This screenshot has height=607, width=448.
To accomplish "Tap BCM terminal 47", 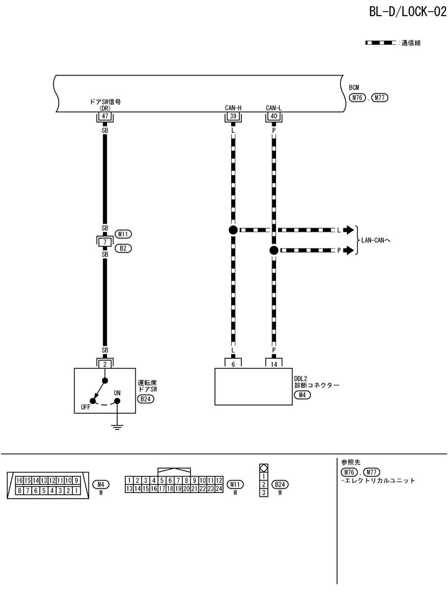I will pyautogui.click(x=105, y=116).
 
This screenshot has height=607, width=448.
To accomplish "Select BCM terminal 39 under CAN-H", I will pyautogui.click(x=233, y=116).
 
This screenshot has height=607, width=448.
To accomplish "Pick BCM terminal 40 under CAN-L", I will pyautogui.click(x=274, y=116).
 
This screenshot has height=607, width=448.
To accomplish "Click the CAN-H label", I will pyautogui.click(x=233, y=107).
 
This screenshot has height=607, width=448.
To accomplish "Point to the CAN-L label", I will pyautogui.click(x=274, y=107).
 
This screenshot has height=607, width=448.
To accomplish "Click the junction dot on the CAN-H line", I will pyautogui.click(x=233, y=230).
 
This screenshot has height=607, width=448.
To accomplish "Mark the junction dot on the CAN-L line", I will pyautogui.click(x=274, y=251).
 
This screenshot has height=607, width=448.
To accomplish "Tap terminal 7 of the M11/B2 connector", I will pyautogui.click(x=105, y=241).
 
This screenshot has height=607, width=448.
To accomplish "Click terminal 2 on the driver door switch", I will pyautogui.click(x=105, y=363).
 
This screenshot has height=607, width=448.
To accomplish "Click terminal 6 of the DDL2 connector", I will pyautogui.click(x=233, y=363).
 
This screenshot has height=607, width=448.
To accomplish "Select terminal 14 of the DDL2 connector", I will pyautogui.click(x=274, y=363).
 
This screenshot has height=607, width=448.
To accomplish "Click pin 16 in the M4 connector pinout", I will pyautogui.click(x=20, y=480).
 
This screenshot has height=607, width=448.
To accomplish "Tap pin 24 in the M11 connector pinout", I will pyautogui.click(x=219, y=489).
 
